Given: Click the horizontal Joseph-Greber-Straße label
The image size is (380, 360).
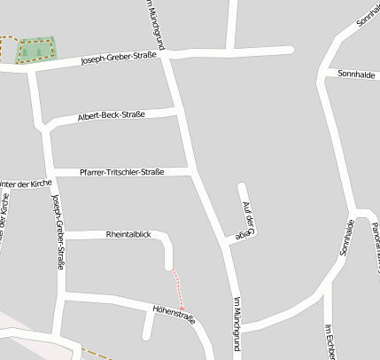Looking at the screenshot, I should tap(119, 59).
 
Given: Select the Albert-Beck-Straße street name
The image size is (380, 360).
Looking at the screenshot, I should tap(111, 116).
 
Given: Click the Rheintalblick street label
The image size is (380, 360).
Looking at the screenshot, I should tap(128, 234).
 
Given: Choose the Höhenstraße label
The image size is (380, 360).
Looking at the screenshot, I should tap(174, 313).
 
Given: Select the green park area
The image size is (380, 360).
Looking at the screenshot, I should tap(35, 50).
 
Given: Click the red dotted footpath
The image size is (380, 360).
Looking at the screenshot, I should tap(177, 287).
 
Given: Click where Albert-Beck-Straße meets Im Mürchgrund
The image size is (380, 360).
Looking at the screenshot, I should tap(177, 111).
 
